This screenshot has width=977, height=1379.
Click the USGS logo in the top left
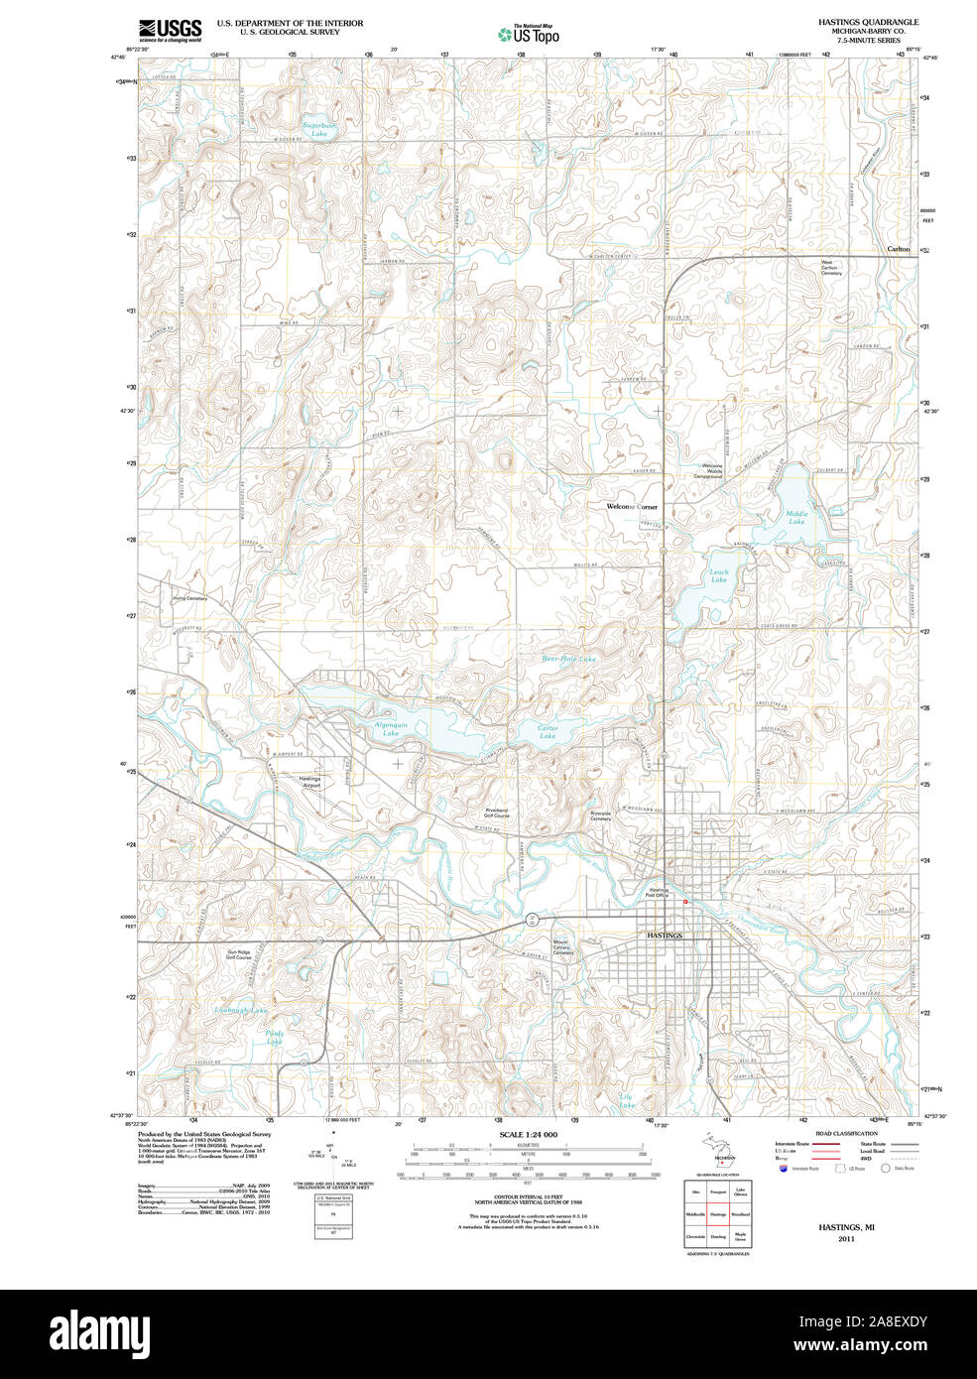[x=170, y=30]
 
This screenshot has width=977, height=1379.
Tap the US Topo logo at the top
[x=530, y=35]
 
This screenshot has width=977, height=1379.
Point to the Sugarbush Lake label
[x=319, y=129]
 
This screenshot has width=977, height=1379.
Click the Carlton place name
[x=898, y=249]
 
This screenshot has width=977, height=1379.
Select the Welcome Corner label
[x=632, y=506]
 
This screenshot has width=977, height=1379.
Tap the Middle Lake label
[x=796, y=517]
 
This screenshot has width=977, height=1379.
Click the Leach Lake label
[x=719, y=575]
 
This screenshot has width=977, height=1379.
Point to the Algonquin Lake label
[x=391, y=729]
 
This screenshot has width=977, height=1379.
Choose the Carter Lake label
[x=548, y=731]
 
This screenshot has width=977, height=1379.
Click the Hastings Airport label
[x=310, y=782]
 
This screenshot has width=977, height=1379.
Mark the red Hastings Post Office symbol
[x=685, y=901]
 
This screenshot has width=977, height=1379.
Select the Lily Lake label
[x=627, y=1100]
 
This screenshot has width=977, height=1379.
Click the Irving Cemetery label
[x=189, y=598]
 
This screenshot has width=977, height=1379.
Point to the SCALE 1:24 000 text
[x=528, y=1134]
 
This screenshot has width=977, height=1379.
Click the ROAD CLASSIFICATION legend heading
[x=846, y=1133]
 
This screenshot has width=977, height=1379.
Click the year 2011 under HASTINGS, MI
[x=846, y=1239]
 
